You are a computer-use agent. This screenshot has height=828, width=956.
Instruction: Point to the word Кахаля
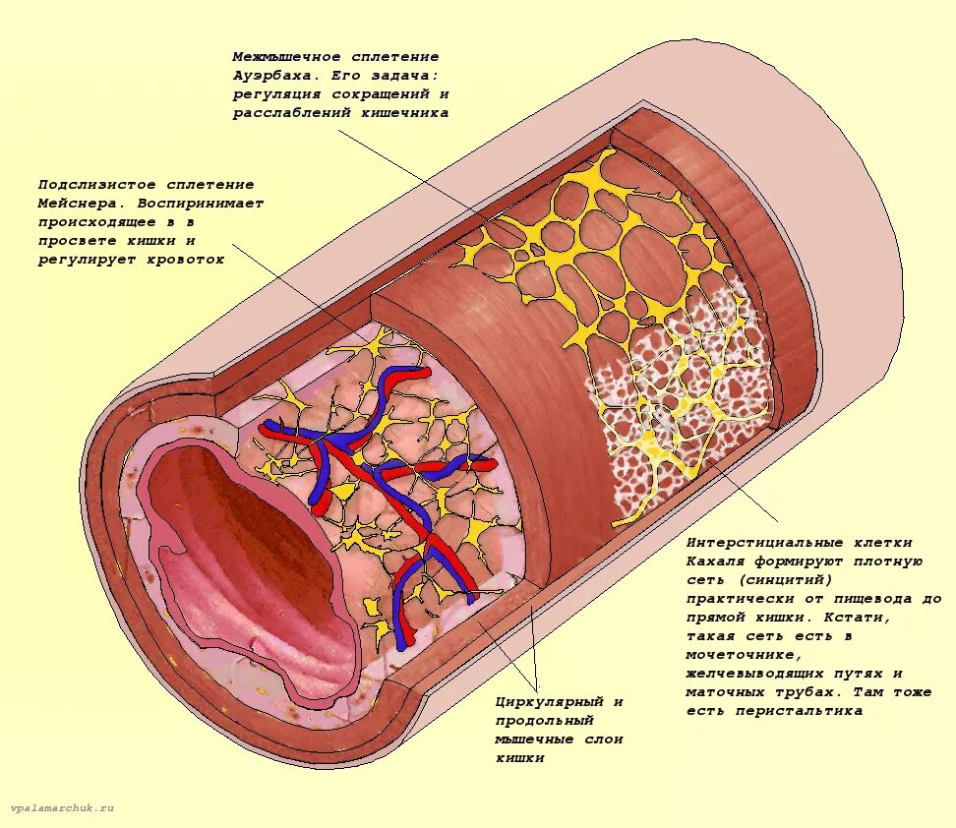pos(715,562)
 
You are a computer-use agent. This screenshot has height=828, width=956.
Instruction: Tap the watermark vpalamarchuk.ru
pos(62,807)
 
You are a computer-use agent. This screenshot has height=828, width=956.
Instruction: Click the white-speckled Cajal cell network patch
pos(679,413)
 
